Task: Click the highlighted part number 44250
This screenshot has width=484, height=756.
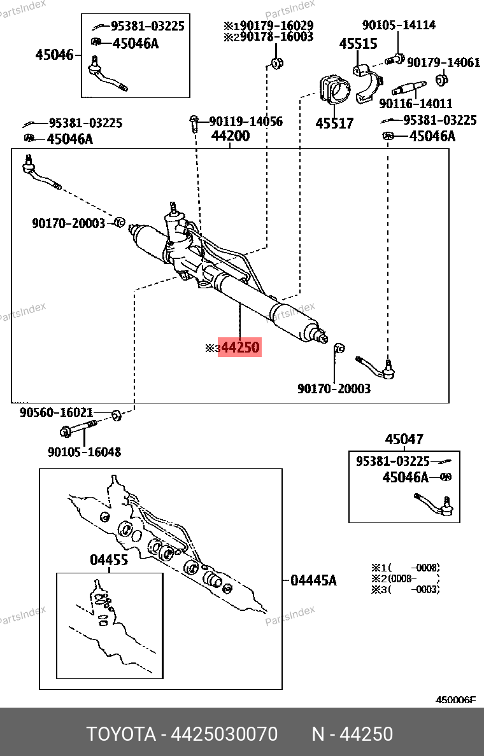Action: tap(240, 347)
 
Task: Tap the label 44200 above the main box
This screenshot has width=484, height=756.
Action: tap(231, 136)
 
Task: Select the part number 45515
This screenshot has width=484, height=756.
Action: tap(358, 45)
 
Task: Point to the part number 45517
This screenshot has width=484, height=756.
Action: tap(334, 123)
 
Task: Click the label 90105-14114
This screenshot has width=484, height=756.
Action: tap(399, 25)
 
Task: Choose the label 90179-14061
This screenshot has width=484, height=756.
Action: tap(443, 62)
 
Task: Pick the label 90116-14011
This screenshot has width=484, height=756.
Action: tap(415, 103)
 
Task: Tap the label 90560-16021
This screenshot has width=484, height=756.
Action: tap(56, 412)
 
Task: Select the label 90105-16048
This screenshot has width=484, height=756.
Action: tap(84, 452)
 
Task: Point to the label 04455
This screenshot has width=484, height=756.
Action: tap(108, 560)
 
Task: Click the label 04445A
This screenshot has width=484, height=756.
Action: tap(313, 580)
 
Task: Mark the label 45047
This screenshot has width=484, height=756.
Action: tap(404, 440)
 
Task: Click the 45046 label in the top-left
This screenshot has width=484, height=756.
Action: tap(54, 55)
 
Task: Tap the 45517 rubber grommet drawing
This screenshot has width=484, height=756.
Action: tap(334, 94)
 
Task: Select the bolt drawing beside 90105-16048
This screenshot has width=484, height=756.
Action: tap(78, 430)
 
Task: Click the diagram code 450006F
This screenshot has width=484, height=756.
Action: tap(455, 700)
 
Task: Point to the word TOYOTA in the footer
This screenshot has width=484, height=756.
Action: tap(121, 734)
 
